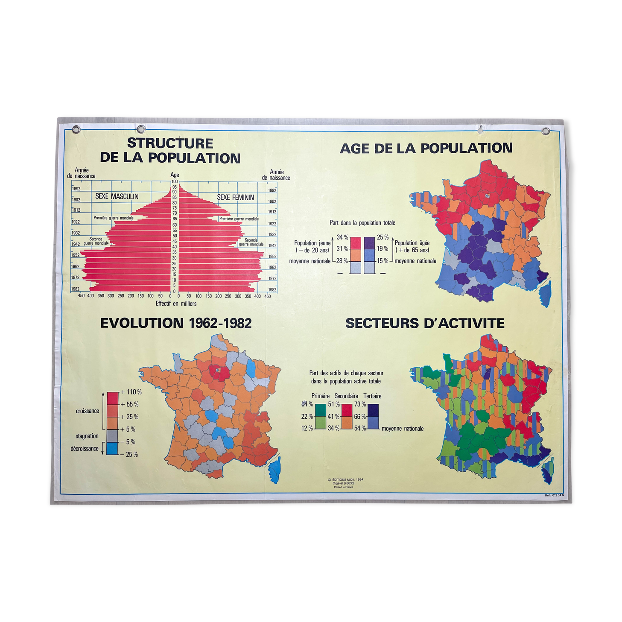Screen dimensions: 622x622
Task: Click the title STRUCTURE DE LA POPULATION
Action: pos(170,150)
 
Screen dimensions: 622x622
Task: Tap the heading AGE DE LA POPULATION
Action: pos(426,148)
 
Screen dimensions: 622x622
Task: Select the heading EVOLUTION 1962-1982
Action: pos(176,323)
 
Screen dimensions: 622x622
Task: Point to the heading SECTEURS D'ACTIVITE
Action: pos(425,323)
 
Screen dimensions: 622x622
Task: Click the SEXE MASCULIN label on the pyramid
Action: pos(117,196)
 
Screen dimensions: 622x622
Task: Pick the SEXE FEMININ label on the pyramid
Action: pos(235,197)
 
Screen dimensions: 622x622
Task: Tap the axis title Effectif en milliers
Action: pos(176,304)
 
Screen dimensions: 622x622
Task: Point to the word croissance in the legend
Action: pos(88,411)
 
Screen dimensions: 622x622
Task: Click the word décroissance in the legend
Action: pos(85,449)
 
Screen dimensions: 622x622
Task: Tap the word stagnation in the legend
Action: pos(87,436)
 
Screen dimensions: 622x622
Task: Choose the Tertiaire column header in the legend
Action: pos(372,396)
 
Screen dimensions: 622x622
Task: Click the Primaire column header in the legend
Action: pos(320,396)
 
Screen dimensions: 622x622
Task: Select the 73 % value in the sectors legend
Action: pos(360,404)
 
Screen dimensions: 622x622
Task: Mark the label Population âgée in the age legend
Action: pos(412,243)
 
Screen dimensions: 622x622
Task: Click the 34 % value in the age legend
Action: pos(342,237)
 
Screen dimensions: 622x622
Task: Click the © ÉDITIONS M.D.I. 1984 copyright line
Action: pos(345,479)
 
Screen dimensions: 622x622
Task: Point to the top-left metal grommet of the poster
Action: pos(76,128)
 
